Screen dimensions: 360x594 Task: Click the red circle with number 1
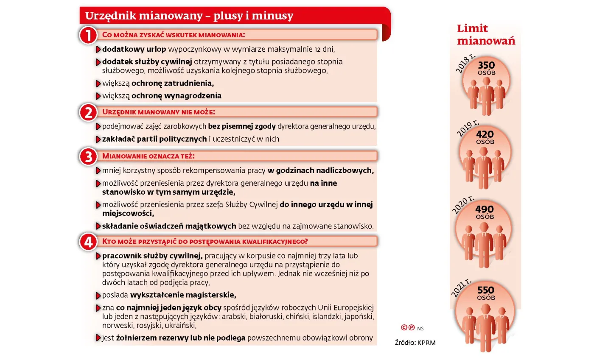(88, 35)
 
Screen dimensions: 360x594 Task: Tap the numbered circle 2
(88, 113)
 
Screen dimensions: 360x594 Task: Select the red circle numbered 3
(88, 156)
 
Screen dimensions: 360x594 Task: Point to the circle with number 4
(88, 242)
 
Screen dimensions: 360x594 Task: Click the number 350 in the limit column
(486, 65)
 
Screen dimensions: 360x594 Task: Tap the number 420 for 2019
(485, 134)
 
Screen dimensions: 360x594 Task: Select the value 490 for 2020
(485, 209)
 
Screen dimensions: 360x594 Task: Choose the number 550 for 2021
(486, 290)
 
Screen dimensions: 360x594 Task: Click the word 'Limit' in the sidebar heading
(472, 29)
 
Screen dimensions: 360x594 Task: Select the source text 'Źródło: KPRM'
(415, 343)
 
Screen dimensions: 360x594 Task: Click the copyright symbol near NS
(404, 327)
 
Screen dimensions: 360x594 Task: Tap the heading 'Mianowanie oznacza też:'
(148, 156)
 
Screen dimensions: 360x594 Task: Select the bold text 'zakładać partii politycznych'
(154, 139)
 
